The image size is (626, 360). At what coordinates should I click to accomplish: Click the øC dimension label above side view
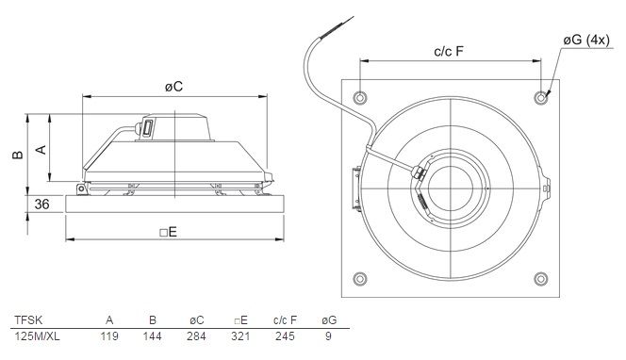click(173, 86)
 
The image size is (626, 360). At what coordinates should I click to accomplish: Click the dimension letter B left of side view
click(18, 155)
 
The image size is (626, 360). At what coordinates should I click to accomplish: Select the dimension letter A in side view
click(41, 149)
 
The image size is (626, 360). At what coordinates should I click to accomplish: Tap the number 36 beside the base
click(41, 204)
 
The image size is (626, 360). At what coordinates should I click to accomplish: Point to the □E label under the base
click(168, 232)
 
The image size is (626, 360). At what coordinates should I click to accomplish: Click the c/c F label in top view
click(449, 51)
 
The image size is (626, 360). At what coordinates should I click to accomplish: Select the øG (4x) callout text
click(586, 40)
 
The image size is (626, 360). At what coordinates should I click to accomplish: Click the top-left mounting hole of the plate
click(360, 97)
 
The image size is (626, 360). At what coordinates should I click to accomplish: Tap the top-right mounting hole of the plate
click(541, 97)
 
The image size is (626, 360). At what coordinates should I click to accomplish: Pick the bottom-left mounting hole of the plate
click(360, 279)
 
